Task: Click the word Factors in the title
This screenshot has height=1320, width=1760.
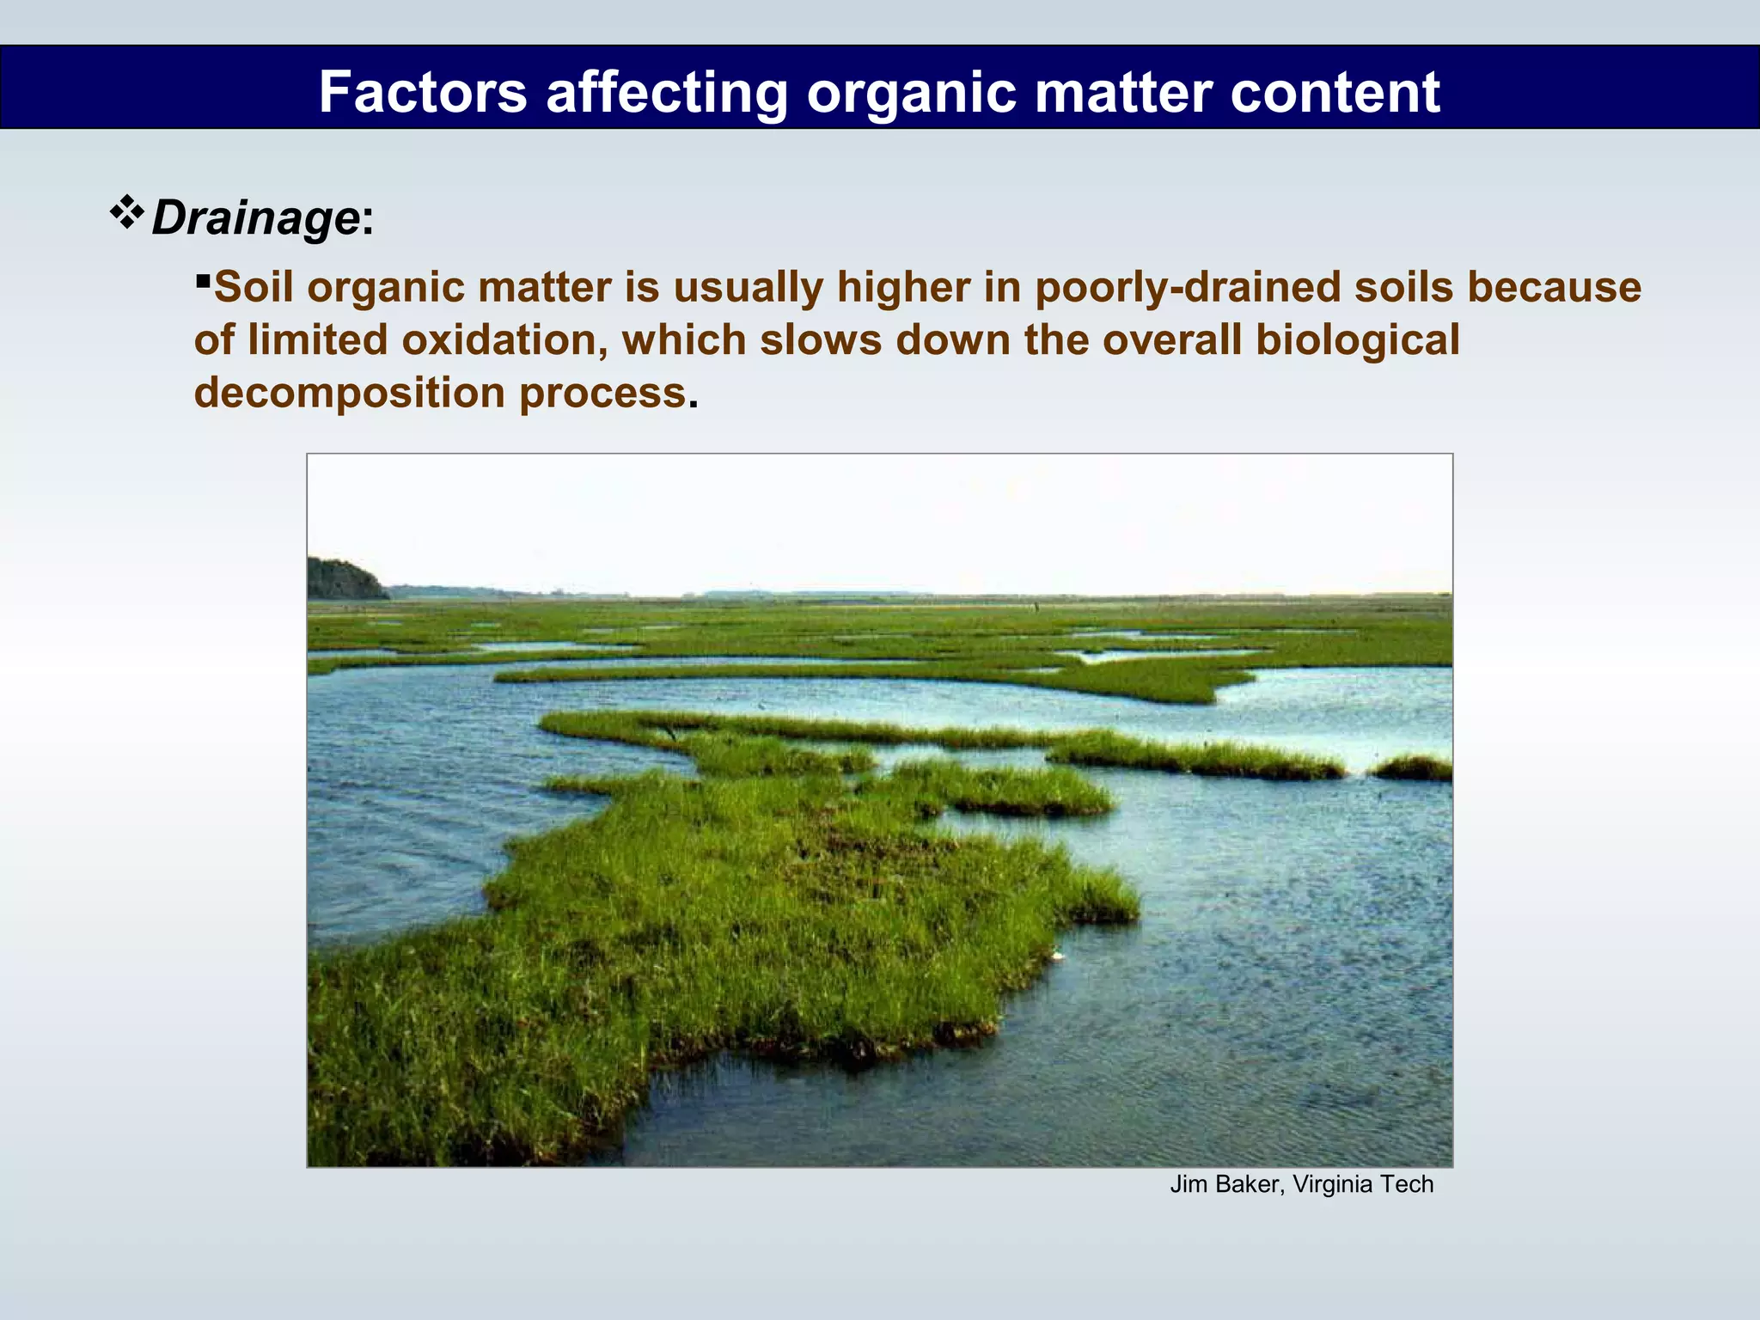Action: point(422,92)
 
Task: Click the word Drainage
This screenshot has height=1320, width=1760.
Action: point(255,218)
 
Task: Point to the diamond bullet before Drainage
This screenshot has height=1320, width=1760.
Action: point(127,212)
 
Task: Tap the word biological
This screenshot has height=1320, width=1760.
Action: point(1357,340)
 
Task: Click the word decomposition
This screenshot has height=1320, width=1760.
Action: point(349,394)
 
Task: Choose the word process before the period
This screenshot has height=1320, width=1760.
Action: point(602,394)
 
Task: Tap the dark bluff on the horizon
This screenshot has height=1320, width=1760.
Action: point(344,580)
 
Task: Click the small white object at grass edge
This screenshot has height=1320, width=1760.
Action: point(1056,955)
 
